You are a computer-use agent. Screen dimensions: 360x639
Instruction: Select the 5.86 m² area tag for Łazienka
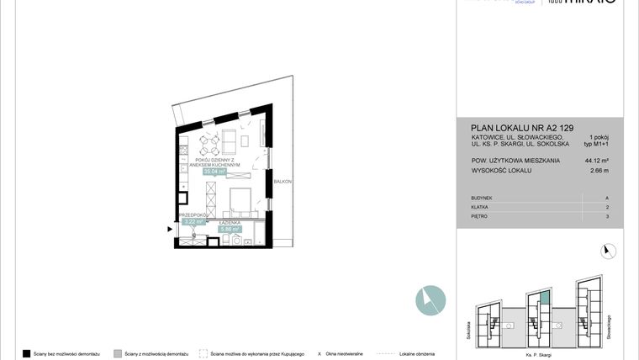point(230,229)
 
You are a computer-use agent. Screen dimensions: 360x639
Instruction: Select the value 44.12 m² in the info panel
point(596,160)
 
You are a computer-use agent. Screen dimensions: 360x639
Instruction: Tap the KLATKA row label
point(481,207)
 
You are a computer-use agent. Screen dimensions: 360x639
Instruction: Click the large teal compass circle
point(430,300)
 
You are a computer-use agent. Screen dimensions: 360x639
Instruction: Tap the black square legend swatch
point(27,354)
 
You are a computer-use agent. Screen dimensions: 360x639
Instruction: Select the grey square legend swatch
point(118,354)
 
